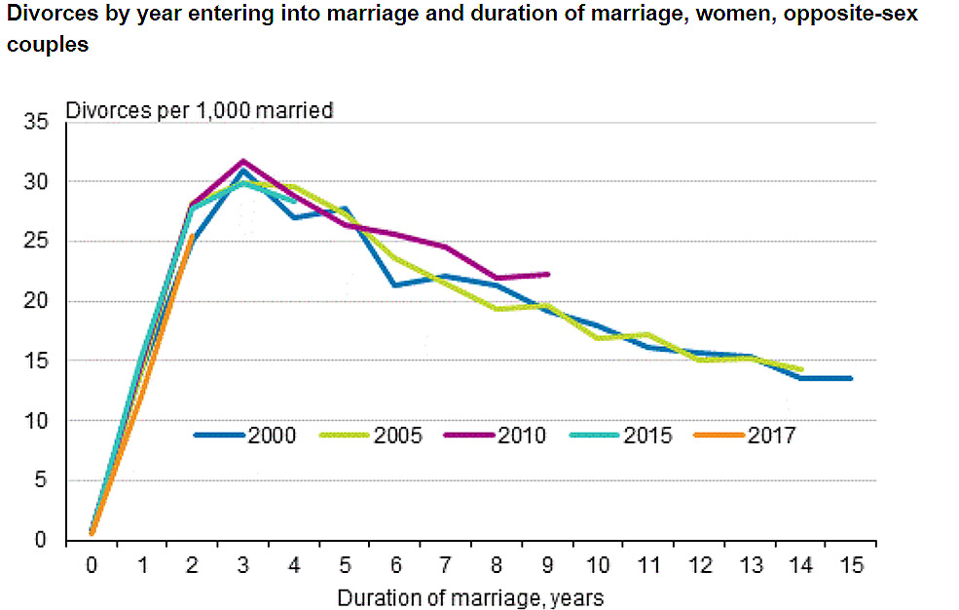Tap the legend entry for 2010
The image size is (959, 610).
(496, 436)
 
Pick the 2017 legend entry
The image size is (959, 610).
(745, 436)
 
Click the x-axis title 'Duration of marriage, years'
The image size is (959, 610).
(470, 596)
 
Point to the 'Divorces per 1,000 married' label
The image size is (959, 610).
(199, 110)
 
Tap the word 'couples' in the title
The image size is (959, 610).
(43, 45)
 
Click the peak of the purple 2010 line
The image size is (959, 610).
(243, 161)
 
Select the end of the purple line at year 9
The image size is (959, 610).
(549, 274)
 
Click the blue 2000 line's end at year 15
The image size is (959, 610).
(851, 378)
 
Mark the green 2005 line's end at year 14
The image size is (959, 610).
(800, 369)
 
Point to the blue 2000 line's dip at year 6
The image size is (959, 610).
(394, 285)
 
